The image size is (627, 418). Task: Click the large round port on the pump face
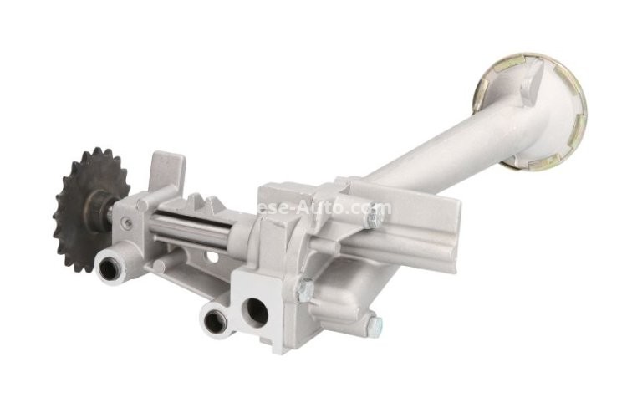(256, 312)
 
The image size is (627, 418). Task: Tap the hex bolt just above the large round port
(304, 289)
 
